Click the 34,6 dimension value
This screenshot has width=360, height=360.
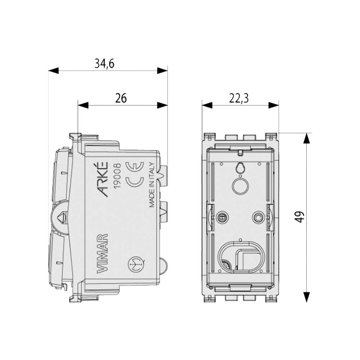pos(104,64)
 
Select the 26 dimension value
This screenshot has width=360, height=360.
pos(121,98)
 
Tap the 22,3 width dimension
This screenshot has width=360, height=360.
pos(239,98)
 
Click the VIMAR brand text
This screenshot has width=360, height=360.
pos(102,253)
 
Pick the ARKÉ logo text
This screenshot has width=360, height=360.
pos(103,179)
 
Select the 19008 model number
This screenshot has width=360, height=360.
pos(117,176)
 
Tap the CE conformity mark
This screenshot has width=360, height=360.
pos(135,174)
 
